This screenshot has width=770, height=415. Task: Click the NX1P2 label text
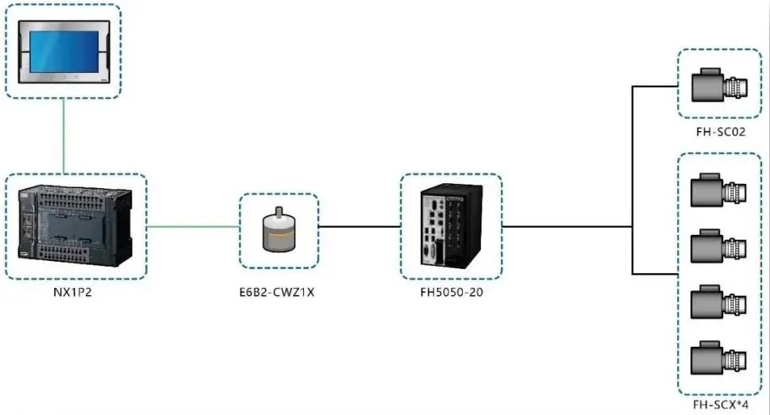pyautogui.click(x=75, y=291)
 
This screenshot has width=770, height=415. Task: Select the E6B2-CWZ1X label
pyautogui.click(x=279, y=291)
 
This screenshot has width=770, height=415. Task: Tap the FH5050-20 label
pyautogui.click(x=451, y=291)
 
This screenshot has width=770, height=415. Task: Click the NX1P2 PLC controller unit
pyautogui.click(x=75, y=226)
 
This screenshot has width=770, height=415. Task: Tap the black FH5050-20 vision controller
pyautogui.click(x=451, y=226)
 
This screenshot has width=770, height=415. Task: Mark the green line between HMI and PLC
pyautogui.click(x=63, y=135)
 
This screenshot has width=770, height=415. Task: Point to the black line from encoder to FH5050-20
pyautogui.click(x=359, y=226)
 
